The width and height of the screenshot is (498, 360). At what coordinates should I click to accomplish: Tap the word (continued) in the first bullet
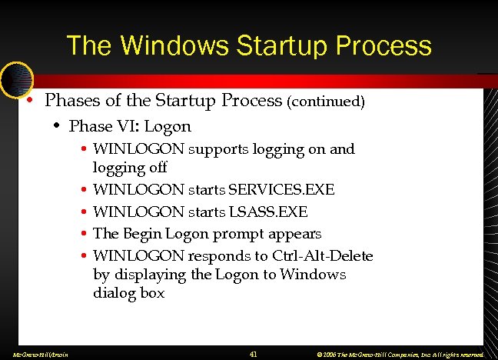(327, 102)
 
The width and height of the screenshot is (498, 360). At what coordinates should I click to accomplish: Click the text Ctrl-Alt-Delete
(322, 255)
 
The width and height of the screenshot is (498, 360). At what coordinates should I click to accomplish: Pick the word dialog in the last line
(114, 293)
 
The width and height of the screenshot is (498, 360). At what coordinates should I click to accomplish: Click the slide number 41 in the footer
(254, 354)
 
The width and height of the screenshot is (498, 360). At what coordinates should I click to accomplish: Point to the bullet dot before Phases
(28, 102)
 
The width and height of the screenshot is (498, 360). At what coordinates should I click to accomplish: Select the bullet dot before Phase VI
(58, 126)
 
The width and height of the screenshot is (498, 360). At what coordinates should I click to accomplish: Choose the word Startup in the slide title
(264, 46)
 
